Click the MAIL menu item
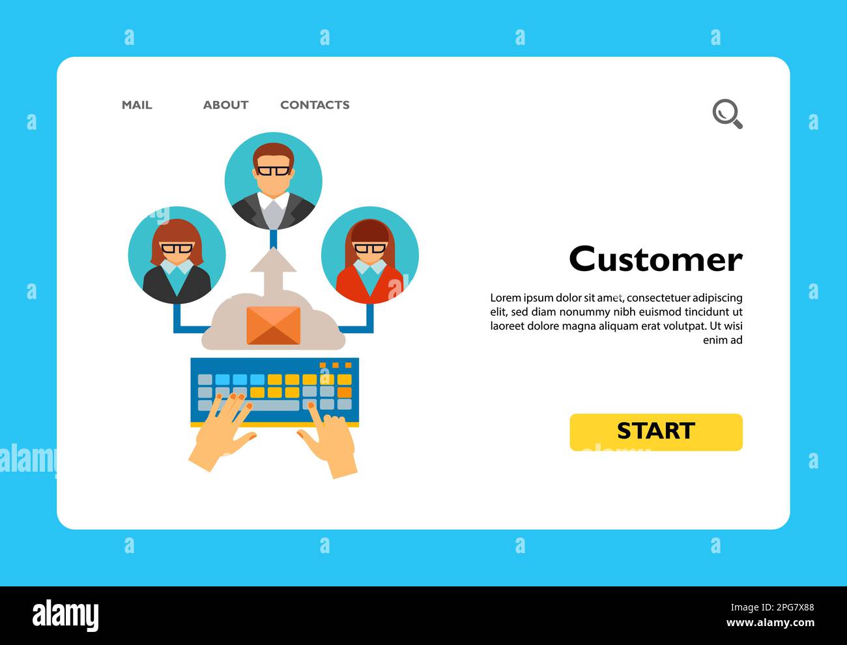tap(137, 105)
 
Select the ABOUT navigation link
tap(225, 105)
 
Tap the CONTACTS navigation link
tap(315, 105)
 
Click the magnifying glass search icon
tap(726, 114)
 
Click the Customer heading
tap(655, 259)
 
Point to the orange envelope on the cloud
tap(274, 324)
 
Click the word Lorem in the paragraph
tap(506, 298)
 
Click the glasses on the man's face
tap(273, 171)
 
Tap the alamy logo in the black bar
tap(66, 616)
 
